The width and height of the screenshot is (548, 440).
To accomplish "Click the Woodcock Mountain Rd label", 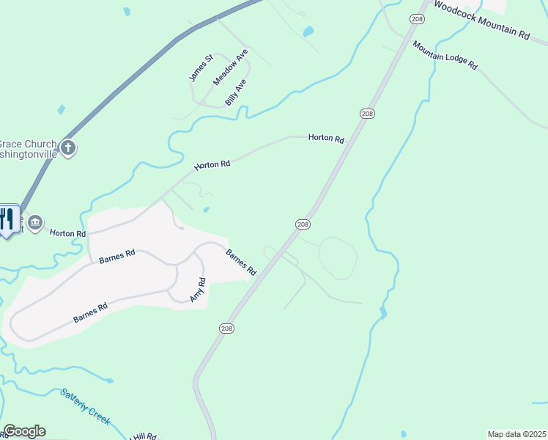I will pyautogui.click(x=481, y=20).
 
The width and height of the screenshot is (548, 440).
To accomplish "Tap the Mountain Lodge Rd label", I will pyautogui.click(x=445, y=55).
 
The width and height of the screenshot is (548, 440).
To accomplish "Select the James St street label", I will pyautogui.click(x=199, y=67).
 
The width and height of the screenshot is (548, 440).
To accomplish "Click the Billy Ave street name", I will pyautogui.click(x=236, y=92).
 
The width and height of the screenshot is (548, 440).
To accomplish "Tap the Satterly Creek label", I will pyautogui.click(x=86, y=406).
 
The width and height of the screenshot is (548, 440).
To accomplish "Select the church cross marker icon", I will pyautogui.click(x=68, y=149).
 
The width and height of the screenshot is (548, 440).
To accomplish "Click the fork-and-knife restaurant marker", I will pyautogui.click(x=7, y=218).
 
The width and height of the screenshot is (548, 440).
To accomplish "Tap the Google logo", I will pyautogui.click(x=24, y=431).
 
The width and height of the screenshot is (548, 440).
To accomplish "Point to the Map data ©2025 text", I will pyautogui.click(x=517, y=434).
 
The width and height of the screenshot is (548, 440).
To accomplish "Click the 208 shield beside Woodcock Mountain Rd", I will pyautogui.click(x=417, y=20).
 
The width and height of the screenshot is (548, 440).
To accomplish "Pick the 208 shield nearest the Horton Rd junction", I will pyautogui.click(x=368, y=113).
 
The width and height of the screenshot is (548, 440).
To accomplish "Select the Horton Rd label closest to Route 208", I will pyautogui.click(x=326, y=137).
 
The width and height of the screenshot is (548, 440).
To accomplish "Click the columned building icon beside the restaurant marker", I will pyautogui.click(x=35, y=222).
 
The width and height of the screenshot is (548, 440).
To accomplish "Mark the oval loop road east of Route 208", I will pyautogui.click(x=338, y=258).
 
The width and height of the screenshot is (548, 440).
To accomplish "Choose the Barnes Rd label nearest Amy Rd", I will pyautogui.click(x=241, y=263).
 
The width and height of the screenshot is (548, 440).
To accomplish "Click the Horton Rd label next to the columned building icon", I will pyautogui.click(x=68, y=232).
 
